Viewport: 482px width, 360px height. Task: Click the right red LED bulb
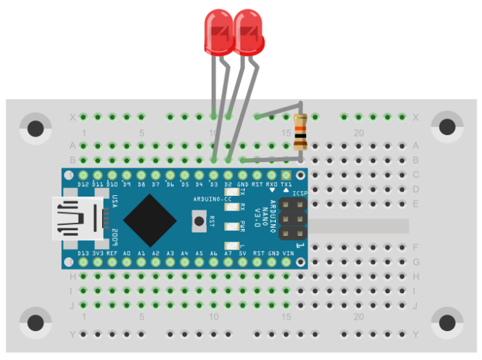click(249, 32)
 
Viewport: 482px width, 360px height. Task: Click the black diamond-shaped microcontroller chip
click(149, 220)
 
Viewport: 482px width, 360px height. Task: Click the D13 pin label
click(83, 253)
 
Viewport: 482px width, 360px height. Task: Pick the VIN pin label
click(288, 253)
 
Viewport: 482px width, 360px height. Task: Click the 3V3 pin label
click(97, 253)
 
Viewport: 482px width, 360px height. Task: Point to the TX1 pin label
click(286, 185)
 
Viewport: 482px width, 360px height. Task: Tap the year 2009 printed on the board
click(114, 236)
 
